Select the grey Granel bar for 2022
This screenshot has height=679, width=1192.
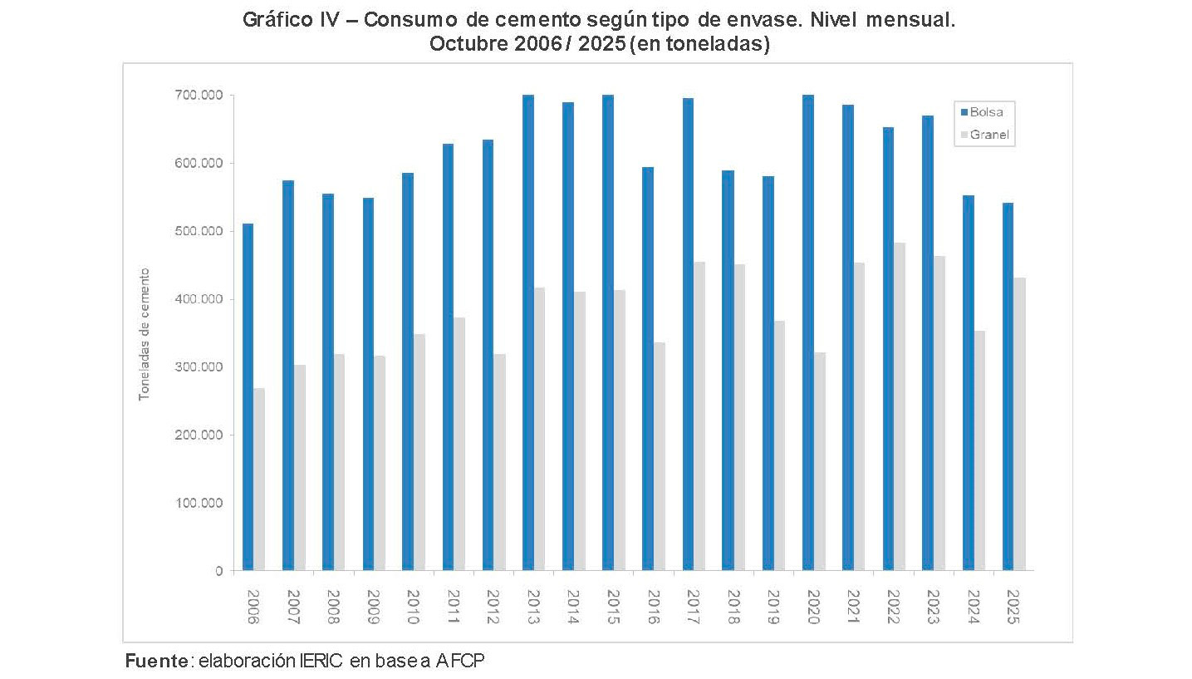tap(900, 406)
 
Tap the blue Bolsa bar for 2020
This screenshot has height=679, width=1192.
tap(808, 332)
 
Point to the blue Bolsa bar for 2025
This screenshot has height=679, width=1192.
tap(1008, 386)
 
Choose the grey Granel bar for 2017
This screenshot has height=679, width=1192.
tap(699, 416)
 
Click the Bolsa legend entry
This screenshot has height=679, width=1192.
tap(987, 111)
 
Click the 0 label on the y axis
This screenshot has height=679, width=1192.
tap(219, 571)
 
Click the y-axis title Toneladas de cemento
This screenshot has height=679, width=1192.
tap(144, 334)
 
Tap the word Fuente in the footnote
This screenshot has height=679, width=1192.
tap(156, 661)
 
